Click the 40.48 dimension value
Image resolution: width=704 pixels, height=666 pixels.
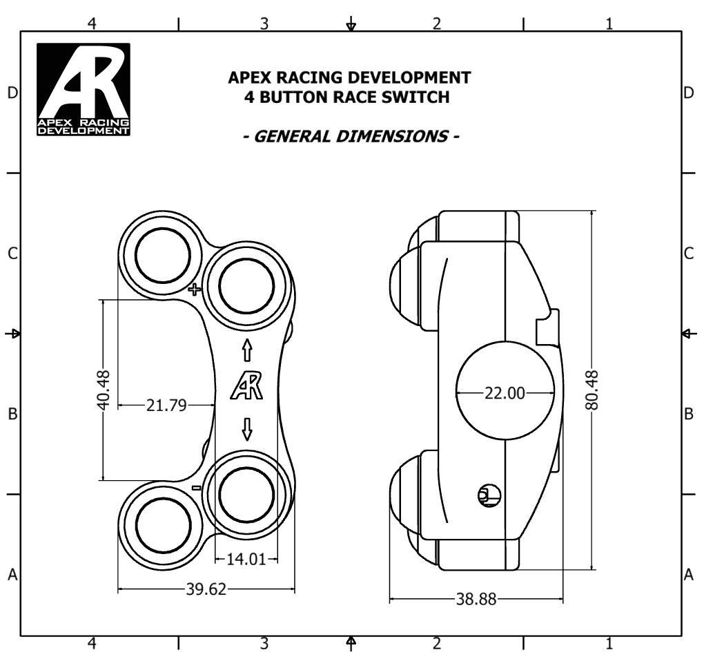104,391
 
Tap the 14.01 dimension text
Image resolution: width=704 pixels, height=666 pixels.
246,559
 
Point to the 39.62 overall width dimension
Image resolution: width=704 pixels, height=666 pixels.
206,589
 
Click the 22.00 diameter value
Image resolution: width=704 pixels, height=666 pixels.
505,393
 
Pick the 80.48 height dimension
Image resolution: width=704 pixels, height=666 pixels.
592,390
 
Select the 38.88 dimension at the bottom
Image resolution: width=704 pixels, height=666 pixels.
476,600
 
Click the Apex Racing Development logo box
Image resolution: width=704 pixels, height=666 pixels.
84,90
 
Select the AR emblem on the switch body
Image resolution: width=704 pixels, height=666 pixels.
248,386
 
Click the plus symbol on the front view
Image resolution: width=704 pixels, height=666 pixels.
195,289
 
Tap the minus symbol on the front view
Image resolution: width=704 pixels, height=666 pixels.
196,488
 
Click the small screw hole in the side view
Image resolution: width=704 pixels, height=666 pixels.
488,493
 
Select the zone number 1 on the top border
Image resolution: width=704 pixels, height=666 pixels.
609,23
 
